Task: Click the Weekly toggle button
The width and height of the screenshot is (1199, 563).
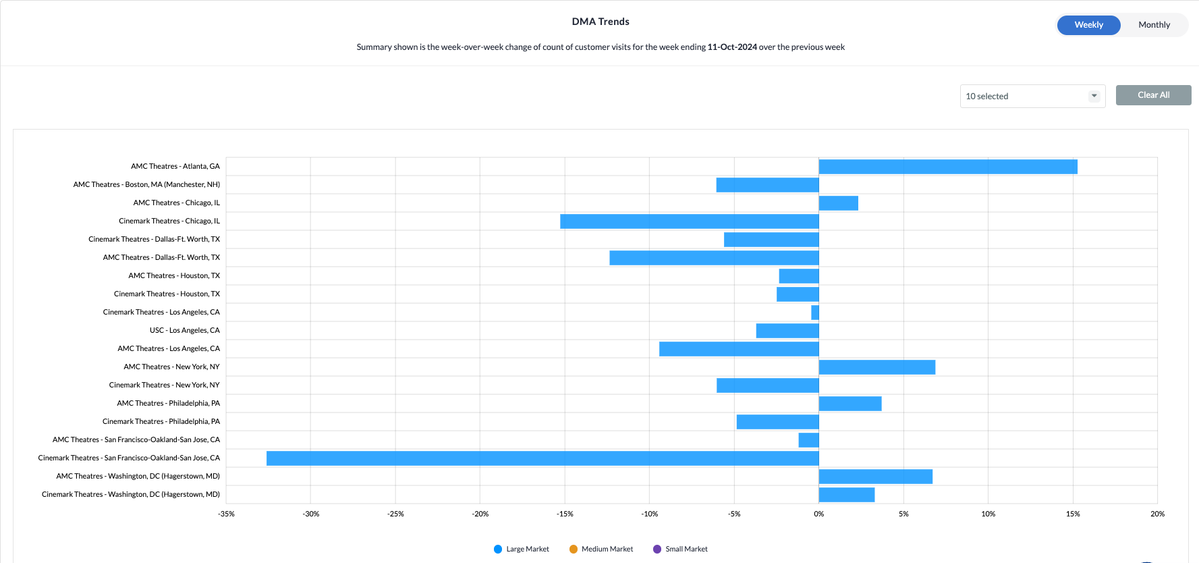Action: [1088, 25]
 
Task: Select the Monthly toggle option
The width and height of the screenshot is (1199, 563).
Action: [1154, 25]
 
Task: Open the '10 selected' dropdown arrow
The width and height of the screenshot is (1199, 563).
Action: [1094, 96]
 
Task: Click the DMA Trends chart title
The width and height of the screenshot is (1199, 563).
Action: [600, 22]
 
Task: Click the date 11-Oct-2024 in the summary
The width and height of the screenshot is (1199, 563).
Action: [732, 47]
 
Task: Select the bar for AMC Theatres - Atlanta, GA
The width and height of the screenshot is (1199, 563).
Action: [947, 167]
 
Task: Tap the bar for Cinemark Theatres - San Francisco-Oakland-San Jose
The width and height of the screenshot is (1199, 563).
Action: [542, 458]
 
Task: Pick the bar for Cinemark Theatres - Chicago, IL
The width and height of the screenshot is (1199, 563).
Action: [689, 221]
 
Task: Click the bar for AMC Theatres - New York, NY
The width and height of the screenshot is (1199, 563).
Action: [876, 367]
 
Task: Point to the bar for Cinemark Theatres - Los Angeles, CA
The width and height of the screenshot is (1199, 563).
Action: [815, 313]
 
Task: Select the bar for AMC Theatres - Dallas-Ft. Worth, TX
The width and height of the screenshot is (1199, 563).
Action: [714, 258]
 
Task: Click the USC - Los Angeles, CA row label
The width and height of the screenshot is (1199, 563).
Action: [184, 330]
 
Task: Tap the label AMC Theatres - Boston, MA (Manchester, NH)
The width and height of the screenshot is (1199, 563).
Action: [146, 184]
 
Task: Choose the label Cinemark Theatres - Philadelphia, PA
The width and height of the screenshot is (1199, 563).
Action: [161, 421]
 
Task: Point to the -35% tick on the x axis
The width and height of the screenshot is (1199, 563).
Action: [226, 514]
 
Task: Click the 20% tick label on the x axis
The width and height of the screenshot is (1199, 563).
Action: [1157, 514]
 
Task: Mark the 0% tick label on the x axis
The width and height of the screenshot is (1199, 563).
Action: [818, 514]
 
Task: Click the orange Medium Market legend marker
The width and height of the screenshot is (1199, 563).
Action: [574, 549]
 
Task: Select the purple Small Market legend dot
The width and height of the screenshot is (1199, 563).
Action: [657, 549]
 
